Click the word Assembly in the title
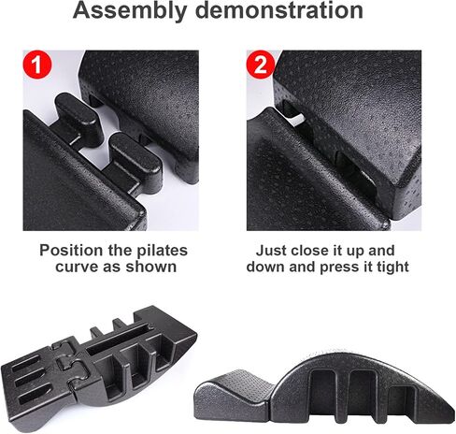tap(129, 11)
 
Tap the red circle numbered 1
tap(37, 65)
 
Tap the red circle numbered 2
tap(261, 65)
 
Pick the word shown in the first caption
tap(151, 267)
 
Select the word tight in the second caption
tap(393, 268)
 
